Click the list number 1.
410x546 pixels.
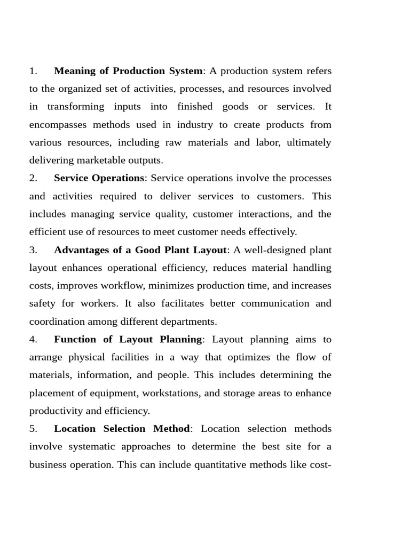(x=33, y=71)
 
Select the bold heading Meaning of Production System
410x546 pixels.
(x=129, y=71)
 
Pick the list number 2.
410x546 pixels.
(x=33, y=178)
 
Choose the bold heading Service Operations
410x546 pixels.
(x=99, y=178)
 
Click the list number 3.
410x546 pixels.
(x=33, y=250)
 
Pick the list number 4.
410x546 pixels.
(x=33, y=339)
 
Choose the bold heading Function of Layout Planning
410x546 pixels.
(x=128, y=339)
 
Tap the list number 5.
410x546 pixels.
(x=33, y=429)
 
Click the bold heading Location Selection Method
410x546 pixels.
(x=122, y=429)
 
